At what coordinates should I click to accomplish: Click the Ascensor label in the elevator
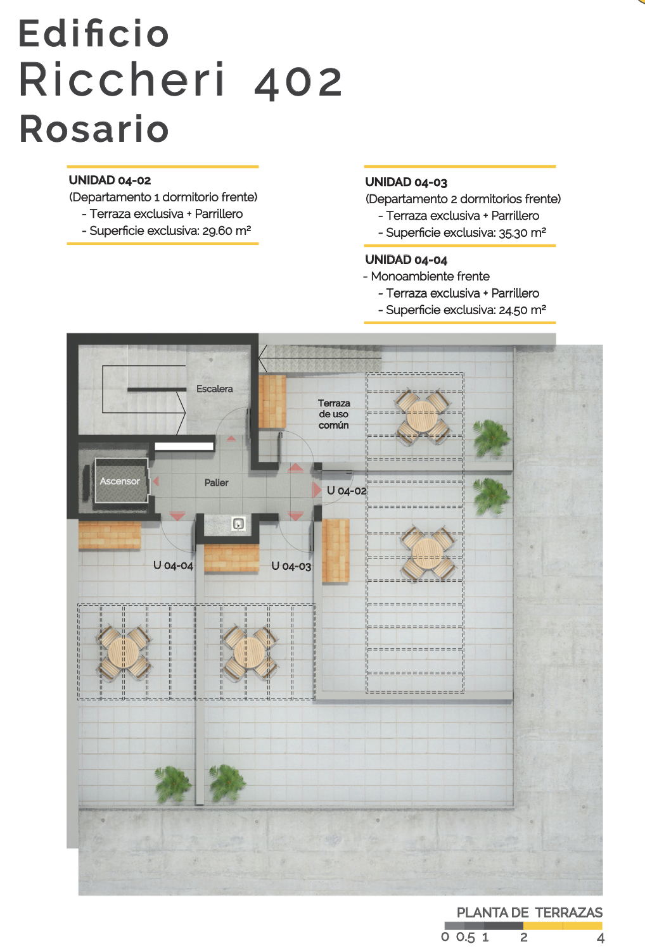(x=120, y=481)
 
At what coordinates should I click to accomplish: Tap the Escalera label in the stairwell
(x=214, y=389)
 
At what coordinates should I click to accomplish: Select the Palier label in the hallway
(x=216, y=482)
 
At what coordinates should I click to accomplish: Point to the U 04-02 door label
(x=347, y=491)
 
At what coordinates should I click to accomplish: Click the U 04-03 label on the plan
(x=291, y=566)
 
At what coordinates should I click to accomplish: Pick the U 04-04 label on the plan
(x=173, y=565)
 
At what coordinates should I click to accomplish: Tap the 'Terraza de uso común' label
(x=334, y=414)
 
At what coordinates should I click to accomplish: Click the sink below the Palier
(x=238, y=524)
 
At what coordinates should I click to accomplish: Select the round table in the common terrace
(x=422, y=416)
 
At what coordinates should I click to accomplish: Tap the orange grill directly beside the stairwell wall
(x=272, y=401)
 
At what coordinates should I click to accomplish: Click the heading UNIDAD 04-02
(x=110, y=180)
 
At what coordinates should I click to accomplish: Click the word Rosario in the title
(x=94, y=129)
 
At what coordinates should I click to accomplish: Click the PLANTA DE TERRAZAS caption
(x=530, y=912)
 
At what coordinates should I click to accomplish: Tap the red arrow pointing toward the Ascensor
(x=156, y=481)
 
